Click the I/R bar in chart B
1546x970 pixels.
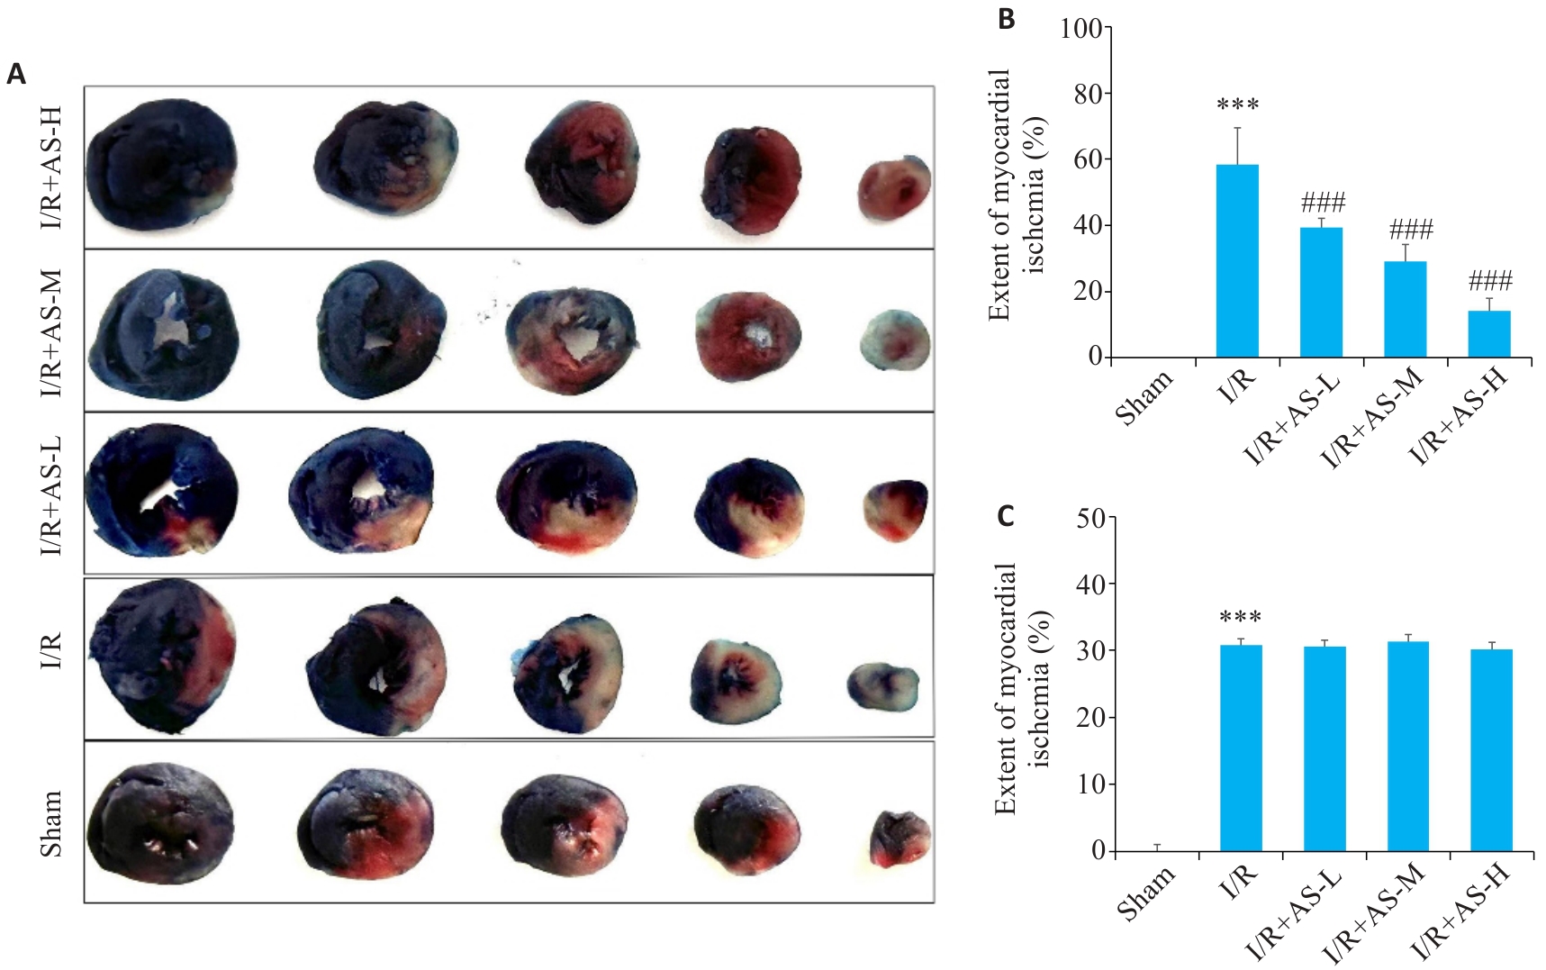[x=1237, y=261]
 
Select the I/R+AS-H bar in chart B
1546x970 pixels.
[x=1489, y=334]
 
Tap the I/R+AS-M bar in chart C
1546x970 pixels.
[x=1408, y=747]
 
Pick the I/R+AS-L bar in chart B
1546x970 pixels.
[x=1321, y=293]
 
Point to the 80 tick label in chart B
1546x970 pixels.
[x=1088, y=94]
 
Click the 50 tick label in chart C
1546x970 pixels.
[x=1090, y=518]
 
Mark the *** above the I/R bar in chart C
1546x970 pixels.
[x=1240, y=618]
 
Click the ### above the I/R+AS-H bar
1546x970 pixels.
[x=1490, y=281]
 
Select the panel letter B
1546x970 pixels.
[x=1007, y=19]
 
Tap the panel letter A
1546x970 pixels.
[x=16, y=74]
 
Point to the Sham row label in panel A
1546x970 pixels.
[x=50, y=823]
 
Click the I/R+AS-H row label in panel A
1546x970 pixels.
[x=50, y=168]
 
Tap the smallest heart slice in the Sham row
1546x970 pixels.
[x=900, y=839]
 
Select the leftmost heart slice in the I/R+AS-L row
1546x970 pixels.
[x=162, y=489]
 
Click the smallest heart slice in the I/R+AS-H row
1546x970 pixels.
[x=893, y=188]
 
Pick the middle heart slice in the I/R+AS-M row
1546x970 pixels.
[x=571, y=340]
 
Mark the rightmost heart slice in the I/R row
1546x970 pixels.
[x=883, y=686]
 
